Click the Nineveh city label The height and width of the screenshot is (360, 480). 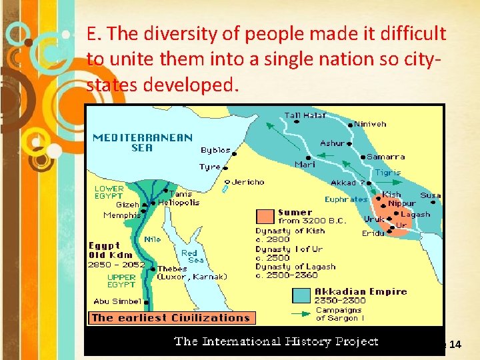click(370, 124)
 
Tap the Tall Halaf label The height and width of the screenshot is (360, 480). click(305, 115)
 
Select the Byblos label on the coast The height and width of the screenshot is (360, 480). click(215, 151)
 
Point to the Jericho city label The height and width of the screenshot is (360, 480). click(248, 181)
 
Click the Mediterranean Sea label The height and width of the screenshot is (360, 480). click(142, 143)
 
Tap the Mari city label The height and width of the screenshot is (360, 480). click(305, 164)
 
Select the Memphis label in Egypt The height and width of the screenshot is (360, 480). click(122, 215)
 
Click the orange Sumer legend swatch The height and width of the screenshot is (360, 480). click(265, 216)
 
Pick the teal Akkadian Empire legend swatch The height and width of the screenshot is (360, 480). click(301, 295)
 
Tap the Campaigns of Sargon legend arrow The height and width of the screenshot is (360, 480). click(301, 313)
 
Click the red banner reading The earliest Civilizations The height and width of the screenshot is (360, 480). click(171, 318)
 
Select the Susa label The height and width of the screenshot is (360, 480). click(430, 195)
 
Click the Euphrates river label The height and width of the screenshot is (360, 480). click(346, 199)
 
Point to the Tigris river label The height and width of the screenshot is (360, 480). click(387, 172)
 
